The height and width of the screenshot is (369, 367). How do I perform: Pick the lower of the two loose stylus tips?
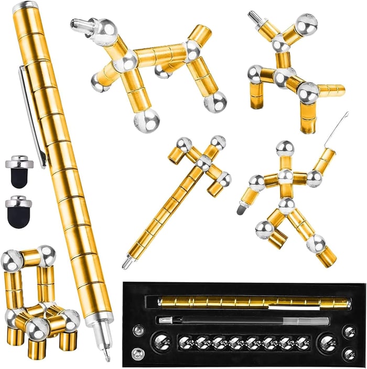[x=19, y=212]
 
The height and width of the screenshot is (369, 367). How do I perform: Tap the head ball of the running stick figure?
[x=285, y=148]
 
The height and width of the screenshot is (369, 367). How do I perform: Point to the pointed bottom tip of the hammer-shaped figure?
[x=126, y=264]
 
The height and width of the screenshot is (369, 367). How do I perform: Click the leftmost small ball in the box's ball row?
[x=185, y=343]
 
